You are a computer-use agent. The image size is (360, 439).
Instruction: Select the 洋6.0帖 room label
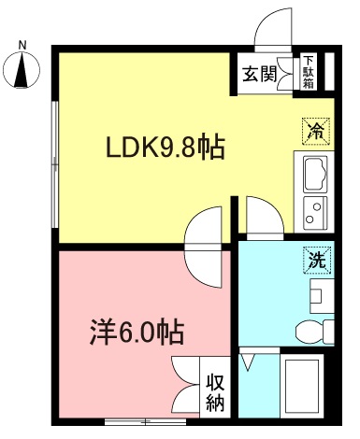(136, 331)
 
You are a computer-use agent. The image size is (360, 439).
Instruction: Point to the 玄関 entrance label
(260, 75)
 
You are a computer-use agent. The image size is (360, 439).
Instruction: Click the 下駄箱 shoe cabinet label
(308, 73)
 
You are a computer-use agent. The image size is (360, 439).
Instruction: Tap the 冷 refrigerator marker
(316, 132)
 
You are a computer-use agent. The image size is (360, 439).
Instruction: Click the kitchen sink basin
(312, 174)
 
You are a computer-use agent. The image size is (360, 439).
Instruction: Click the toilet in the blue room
(312, 329)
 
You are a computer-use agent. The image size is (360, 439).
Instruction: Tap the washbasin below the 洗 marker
(315, 298)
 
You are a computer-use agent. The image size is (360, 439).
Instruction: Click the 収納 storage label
(216, 392)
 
